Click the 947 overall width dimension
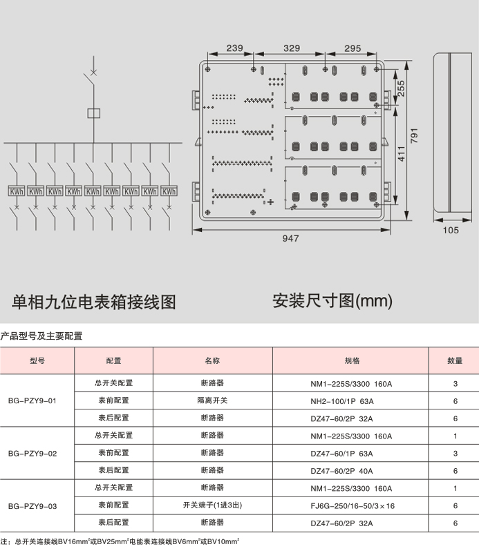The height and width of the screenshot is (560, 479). pos(290,238)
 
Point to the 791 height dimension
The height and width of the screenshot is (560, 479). pos(414,136)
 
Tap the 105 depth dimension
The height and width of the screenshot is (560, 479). pos(451,230)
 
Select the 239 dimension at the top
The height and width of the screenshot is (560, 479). pos(234,48)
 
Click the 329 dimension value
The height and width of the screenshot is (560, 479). pos(292,48)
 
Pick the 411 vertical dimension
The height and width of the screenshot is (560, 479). pos(402,153)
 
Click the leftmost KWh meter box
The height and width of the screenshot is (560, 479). pos(17,191)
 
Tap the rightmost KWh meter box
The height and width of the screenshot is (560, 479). pos(169,191)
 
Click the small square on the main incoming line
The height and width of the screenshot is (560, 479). pos(93,113)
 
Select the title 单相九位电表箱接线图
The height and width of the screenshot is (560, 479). pos(93,302)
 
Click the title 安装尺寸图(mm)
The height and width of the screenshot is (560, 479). pos(332,300)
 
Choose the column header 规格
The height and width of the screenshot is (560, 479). pos(352,360)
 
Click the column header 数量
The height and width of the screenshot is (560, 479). pos(455,360)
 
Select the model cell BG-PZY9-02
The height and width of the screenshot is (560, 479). pos(32,454)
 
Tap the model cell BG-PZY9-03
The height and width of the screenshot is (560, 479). pos(32,506)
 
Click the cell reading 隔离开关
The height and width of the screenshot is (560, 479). pos(212,400)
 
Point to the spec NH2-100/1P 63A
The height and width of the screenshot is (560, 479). pos(342,401)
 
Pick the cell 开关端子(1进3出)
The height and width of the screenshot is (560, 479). pos(212,505)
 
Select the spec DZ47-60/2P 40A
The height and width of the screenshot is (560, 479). pos(341,471)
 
